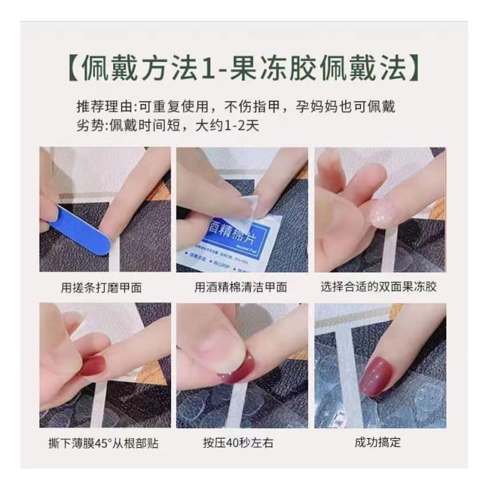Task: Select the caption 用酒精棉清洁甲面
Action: click(x=241, y=286)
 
